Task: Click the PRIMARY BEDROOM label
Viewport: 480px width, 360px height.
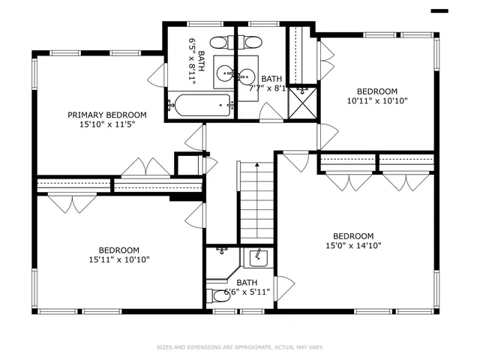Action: tap(107, 115)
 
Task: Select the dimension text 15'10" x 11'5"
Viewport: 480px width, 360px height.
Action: tap(107, 125)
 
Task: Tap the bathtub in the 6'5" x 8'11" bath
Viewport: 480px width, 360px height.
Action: tap(198, 105)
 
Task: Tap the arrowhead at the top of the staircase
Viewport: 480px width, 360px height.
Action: tap(256, 164)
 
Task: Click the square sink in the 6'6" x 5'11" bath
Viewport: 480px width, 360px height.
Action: tap(258, 259)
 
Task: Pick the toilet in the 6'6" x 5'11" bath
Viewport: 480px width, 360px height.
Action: tap(220, 296)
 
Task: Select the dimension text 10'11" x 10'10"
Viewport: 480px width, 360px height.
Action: tap(377, 100)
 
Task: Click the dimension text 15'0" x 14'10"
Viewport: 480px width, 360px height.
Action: tap(353, 245)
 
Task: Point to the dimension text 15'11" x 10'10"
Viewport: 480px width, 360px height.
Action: tap(118, 260)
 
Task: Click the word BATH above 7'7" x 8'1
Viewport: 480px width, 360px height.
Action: tap(271, 79)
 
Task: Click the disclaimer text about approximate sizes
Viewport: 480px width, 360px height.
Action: tap(239, 347)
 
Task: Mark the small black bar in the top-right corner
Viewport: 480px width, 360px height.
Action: tap(439, 10)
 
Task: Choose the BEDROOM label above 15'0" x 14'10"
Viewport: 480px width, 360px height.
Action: tap(353, 235)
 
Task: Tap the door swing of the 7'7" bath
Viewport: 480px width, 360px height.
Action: tap(270, 112)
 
